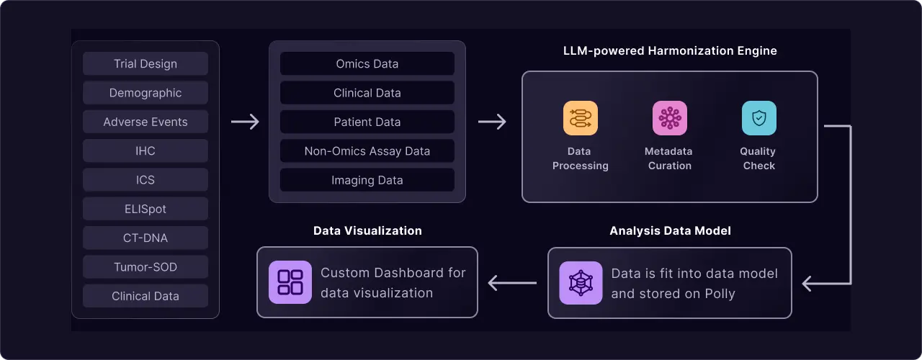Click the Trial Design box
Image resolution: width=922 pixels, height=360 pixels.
click(x=146, y=64)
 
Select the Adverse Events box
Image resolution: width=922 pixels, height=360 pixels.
click(x=146, y=122)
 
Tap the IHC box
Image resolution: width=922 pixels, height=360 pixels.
click(x=146, y=151)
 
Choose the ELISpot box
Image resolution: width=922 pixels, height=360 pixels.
click(x=146, y=209)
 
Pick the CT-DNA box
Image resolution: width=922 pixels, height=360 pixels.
click(x=146, y=238)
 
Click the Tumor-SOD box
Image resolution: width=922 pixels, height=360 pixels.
click(x=146, y=267)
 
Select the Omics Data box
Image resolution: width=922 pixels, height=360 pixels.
click(x=367, y=64)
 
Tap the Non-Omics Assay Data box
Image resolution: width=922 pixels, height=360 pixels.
click(x=367, y=151)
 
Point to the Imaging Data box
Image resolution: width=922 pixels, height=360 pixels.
click(x=367, y=180)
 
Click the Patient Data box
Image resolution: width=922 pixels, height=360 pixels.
click(x=367, y=122)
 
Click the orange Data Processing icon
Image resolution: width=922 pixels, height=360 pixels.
click(x=581, y=118)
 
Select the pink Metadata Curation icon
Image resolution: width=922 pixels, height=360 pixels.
click(x=670, y=118)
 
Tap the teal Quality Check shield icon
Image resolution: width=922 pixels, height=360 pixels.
click(x=759, y=118)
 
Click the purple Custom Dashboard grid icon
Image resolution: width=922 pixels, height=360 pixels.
click(x=290, y=282)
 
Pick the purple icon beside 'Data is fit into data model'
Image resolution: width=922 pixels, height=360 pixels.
click(x=581, y=283)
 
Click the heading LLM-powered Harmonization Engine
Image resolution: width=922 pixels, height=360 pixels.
click(x=670, y=50)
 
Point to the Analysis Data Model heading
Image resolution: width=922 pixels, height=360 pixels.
click(x=670, y=231)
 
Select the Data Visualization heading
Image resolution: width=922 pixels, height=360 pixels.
click(x=367, y=231)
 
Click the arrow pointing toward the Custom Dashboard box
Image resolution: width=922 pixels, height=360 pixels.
click(x=512, y=283)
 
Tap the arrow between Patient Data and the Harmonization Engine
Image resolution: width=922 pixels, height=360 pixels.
click(x=492, y=122)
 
